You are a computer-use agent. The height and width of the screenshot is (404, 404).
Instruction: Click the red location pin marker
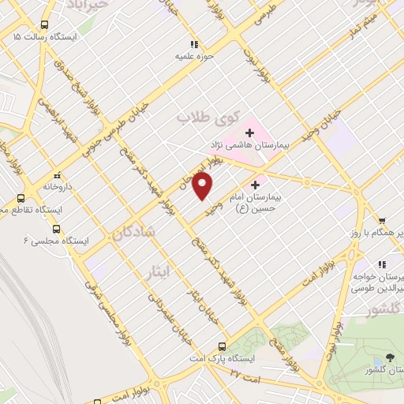coord(203,186)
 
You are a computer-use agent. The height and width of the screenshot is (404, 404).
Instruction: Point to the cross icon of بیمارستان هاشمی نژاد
coord(249,132)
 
